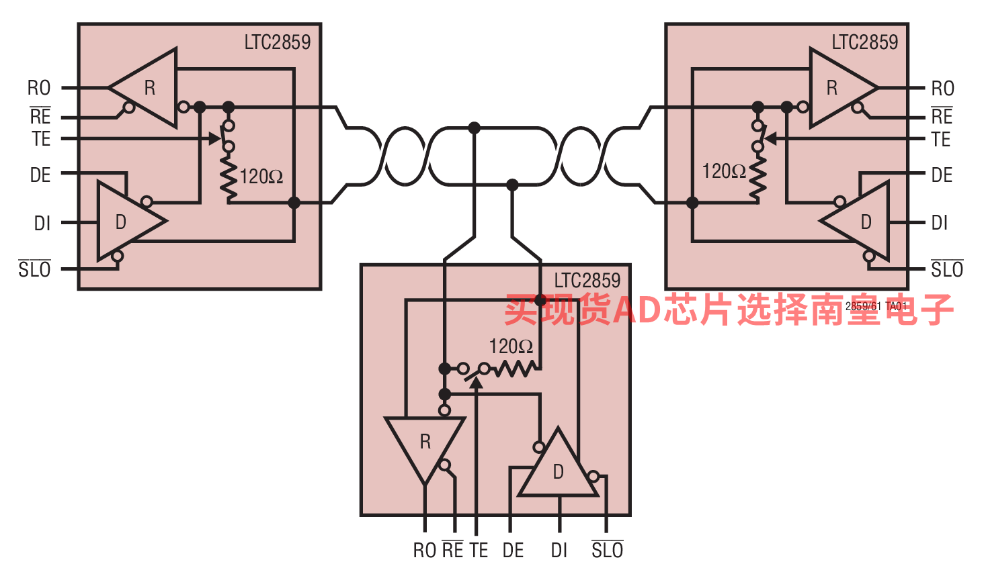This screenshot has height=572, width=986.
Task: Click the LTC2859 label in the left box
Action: coord(277,42)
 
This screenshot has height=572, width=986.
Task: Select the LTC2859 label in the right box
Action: coord(864,42)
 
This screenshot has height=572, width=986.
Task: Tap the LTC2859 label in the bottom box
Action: coord(587,281)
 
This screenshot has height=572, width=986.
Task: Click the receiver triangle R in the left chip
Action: coord(149,88)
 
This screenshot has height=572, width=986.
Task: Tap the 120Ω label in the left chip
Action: coord(261,177)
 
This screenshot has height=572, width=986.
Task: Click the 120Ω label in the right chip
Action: coord(724,172)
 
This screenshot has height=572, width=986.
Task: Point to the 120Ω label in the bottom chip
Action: coord(511,346)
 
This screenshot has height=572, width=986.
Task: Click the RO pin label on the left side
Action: coord(39,88)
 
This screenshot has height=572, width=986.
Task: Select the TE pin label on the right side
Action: coord(941,140)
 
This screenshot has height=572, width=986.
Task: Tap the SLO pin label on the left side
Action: coord(35,270)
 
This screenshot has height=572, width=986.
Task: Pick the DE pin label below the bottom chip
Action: coord(513,551)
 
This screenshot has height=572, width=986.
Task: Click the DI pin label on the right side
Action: coord(940,223)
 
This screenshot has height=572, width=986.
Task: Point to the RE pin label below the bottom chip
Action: coord(452,551)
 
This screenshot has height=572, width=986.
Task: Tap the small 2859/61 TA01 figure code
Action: coord(876,306)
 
